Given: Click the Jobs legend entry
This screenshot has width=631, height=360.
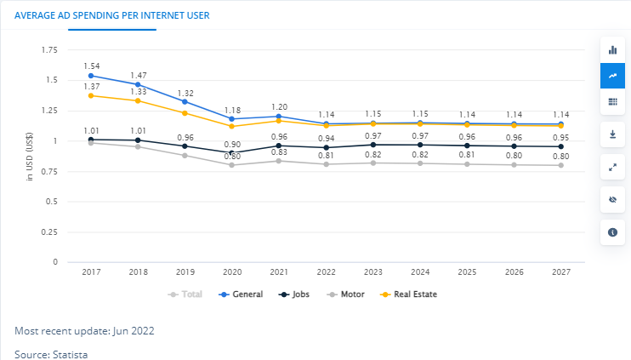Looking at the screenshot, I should pyautogui.click(x=296, y=294).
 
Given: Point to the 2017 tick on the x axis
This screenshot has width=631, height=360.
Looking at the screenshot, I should pyautogui.click(x=91, y=271).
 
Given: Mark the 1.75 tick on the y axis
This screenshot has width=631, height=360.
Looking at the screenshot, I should pyautogui.click(x=49, y=51).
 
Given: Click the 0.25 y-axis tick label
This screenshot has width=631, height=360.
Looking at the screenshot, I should pyautogui.click(x=49, y=231).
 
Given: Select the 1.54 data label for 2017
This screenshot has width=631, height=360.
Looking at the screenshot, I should pyautogui.click(x=92, y=66).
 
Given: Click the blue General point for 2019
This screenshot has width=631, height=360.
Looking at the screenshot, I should pyautogui.click(x=185, y=101).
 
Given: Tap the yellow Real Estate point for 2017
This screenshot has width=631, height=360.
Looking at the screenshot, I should pyautogui.click(x=91, y=95).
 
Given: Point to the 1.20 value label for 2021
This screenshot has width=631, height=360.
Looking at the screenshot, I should pyautogui.click(x=277, y=106).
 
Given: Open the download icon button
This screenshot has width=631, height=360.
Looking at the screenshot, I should pyautogui.click(x=612, y=134).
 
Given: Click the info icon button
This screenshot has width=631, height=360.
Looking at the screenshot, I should pyautogui.click(x=612, y=231).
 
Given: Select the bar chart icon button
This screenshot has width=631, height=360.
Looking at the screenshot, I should pyautogui.click(x=612, y=50).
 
